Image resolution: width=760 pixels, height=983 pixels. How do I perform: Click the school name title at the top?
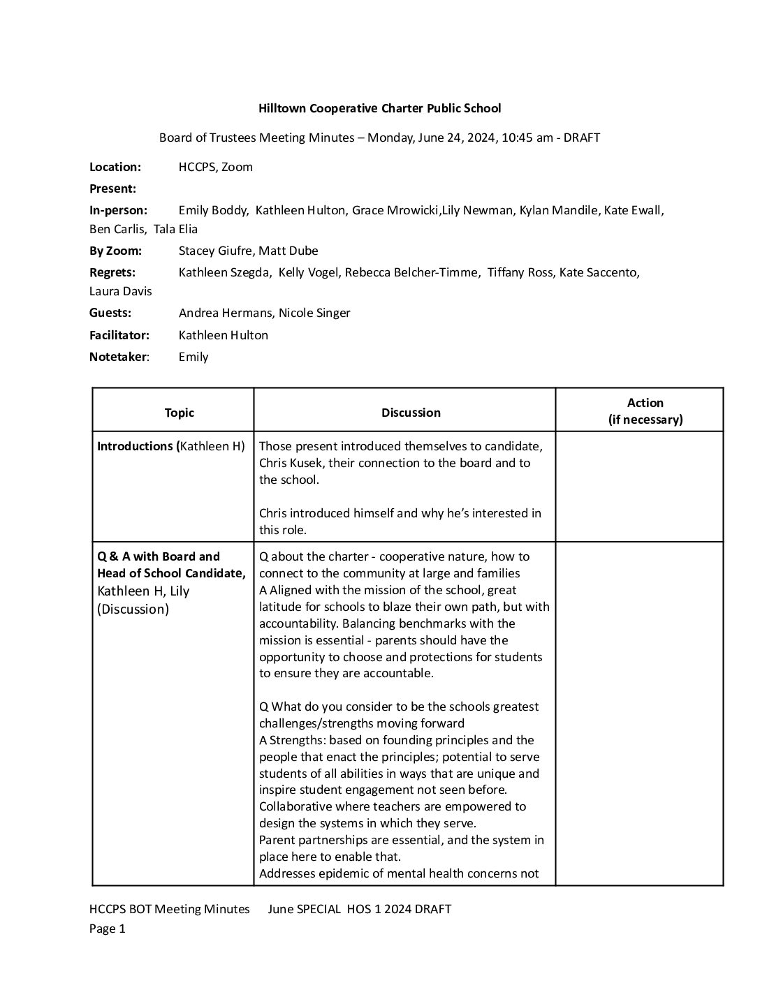379,108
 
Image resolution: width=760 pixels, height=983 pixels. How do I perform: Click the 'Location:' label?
115,167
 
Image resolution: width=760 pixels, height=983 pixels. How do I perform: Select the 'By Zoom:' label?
115,251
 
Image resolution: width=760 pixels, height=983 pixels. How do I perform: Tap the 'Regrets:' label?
112,272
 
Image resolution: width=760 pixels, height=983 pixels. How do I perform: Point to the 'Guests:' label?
110,313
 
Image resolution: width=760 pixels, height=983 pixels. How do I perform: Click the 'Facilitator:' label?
120,335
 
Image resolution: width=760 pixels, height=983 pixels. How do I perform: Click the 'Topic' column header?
179,413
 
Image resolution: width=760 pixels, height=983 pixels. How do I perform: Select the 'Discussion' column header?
411,413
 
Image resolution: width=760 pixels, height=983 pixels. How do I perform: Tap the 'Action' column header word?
645,403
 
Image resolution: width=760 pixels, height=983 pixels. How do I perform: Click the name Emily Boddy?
213,210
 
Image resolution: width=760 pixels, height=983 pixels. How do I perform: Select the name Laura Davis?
120,291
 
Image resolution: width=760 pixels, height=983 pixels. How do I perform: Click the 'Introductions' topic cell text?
135,446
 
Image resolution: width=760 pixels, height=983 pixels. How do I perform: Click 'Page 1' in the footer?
107,929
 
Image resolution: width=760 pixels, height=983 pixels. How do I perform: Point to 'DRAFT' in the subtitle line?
581,138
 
